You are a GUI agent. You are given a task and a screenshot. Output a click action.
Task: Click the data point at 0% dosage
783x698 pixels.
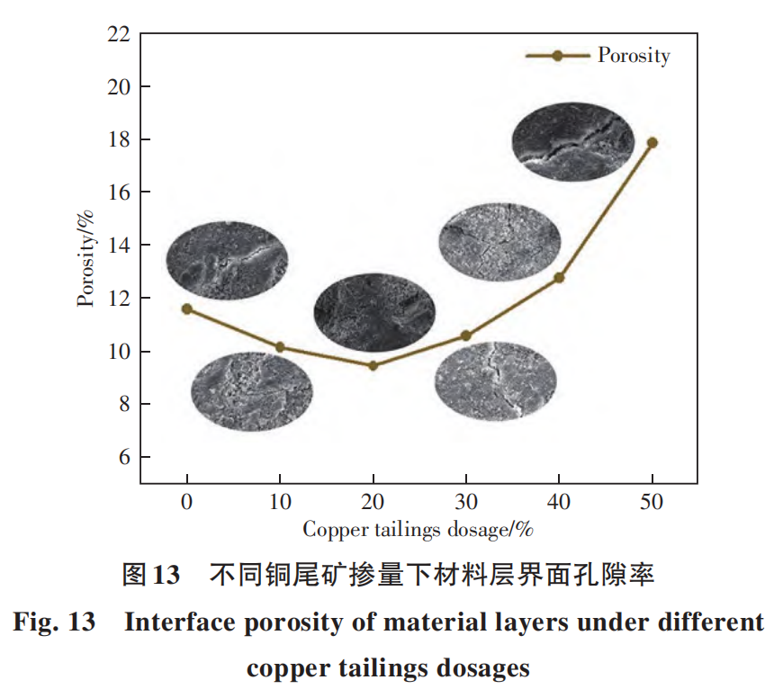(x=187, y=309)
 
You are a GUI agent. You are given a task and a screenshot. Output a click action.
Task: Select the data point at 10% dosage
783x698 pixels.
(x=280, y=347)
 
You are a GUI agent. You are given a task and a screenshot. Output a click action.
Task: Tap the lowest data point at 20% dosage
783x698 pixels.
(x=373, y=365)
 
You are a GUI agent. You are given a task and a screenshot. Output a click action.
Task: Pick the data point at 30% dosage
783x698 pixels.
(x=465, y=336)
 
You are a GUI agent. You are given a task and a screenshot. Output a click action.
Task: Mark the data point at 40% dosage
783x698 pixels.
(x=559, y=278)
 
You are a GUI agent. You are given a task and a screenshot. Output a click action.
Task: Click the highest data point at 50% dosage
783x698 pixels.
(x=652, y=142)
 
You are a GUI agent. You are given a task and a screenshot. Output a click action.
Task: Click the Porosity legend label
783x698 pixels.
(x=634, y=56)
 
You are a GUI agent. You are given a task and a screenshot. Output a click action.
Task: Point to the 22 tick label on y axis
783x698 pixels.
(x=120, y=34)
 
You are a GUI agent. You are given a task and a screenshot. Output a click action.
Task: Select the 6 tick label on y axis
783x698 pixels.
(x=124, y=457)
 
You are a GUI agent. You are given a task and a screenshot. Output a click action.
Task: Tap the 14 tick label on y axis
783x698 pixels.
(x=120, y=246)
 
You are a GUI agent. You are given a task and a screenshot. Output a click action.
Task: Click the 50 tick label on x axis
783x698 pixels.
(x=652, y=502)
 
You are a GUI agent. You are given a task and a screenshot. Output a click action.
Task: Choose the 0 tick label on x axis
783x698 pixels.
(x=187, y=502)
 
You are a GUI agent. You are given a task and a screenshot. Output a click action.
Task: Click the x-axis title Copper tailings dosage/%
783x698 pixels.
(x=418, y=529)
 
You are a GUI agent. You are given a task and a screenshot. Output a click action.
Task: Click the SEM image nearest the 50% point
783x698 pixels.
(x=573, y=142)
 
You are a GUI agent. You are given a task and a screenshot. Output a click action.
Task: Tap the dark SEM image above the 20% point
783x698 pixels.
(x=374, y=312)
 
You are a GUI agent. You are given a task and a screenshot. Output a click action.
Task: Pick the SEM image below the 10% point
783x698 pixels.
(x=252, y=391)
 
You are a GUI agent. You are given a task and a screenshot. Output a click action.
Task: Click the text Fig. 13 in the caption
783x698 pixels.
(x=54, y=622)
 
